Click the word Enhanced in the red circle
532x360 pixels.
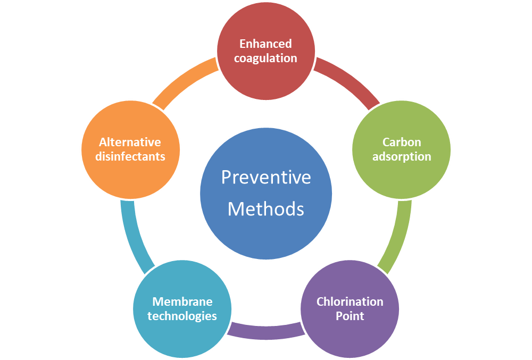click(x=265, y=44)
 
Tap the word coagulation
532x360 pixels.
click(x=265, y=58)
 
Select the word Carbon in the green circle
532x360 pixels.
click(x=402, y=142)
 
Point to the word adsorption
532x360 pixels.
click(x=402, y=156)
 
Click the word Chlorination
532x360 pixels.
click(x=350, y=302)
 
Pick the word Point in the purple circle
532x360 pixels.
click(x=350, y=316)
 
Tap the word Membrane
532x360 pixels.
click(x=182, y=302)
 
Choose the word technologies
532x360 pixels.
click(x=182, y=316)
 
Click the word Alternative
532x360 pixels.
click(x=130, y=142)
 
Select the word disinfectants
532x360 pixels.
click(x=130, y=156)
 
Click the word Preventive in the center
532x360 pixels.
click(x=266, y=177)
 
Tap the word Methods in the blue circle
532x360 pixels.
click(x=266, y=209)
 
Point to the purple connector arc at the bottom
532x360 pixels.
click(x=266, y=332)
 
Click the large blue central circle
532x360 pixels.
click(x=266, y=234)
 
